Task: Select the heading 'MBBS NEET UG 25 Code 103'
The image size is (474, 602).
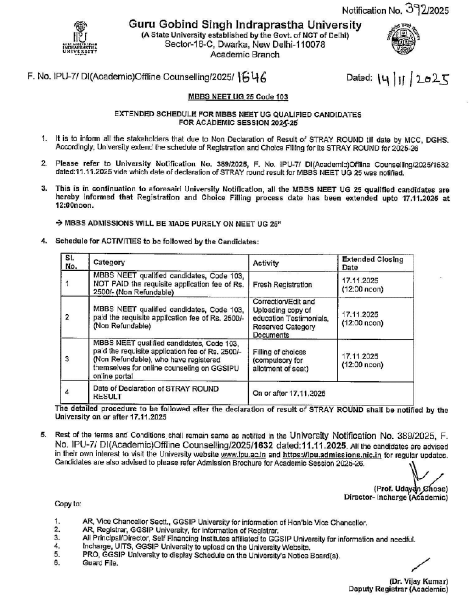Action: point(238,97)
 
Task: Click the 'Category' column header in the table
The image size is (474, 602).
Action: point(109,262)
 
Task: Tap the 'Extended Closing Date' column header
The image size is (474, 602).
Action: point(372,263)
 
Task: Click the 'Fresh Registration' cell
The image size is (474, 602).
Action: point(282,285)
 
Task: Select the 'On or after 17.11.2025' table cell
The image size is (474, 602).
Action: point(289,393)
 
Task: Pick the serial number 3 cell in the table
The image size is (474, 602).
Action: point(67,359)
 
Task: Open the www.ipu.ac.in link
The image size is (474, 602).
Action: point(243,455)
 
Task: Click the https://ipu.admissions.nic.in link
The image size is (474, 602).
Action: point(332,455)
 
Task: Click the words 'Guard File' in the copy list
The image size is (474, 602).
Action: point(100,563)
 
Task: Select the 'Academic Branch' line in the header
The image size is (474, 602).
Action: point(244,55)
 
